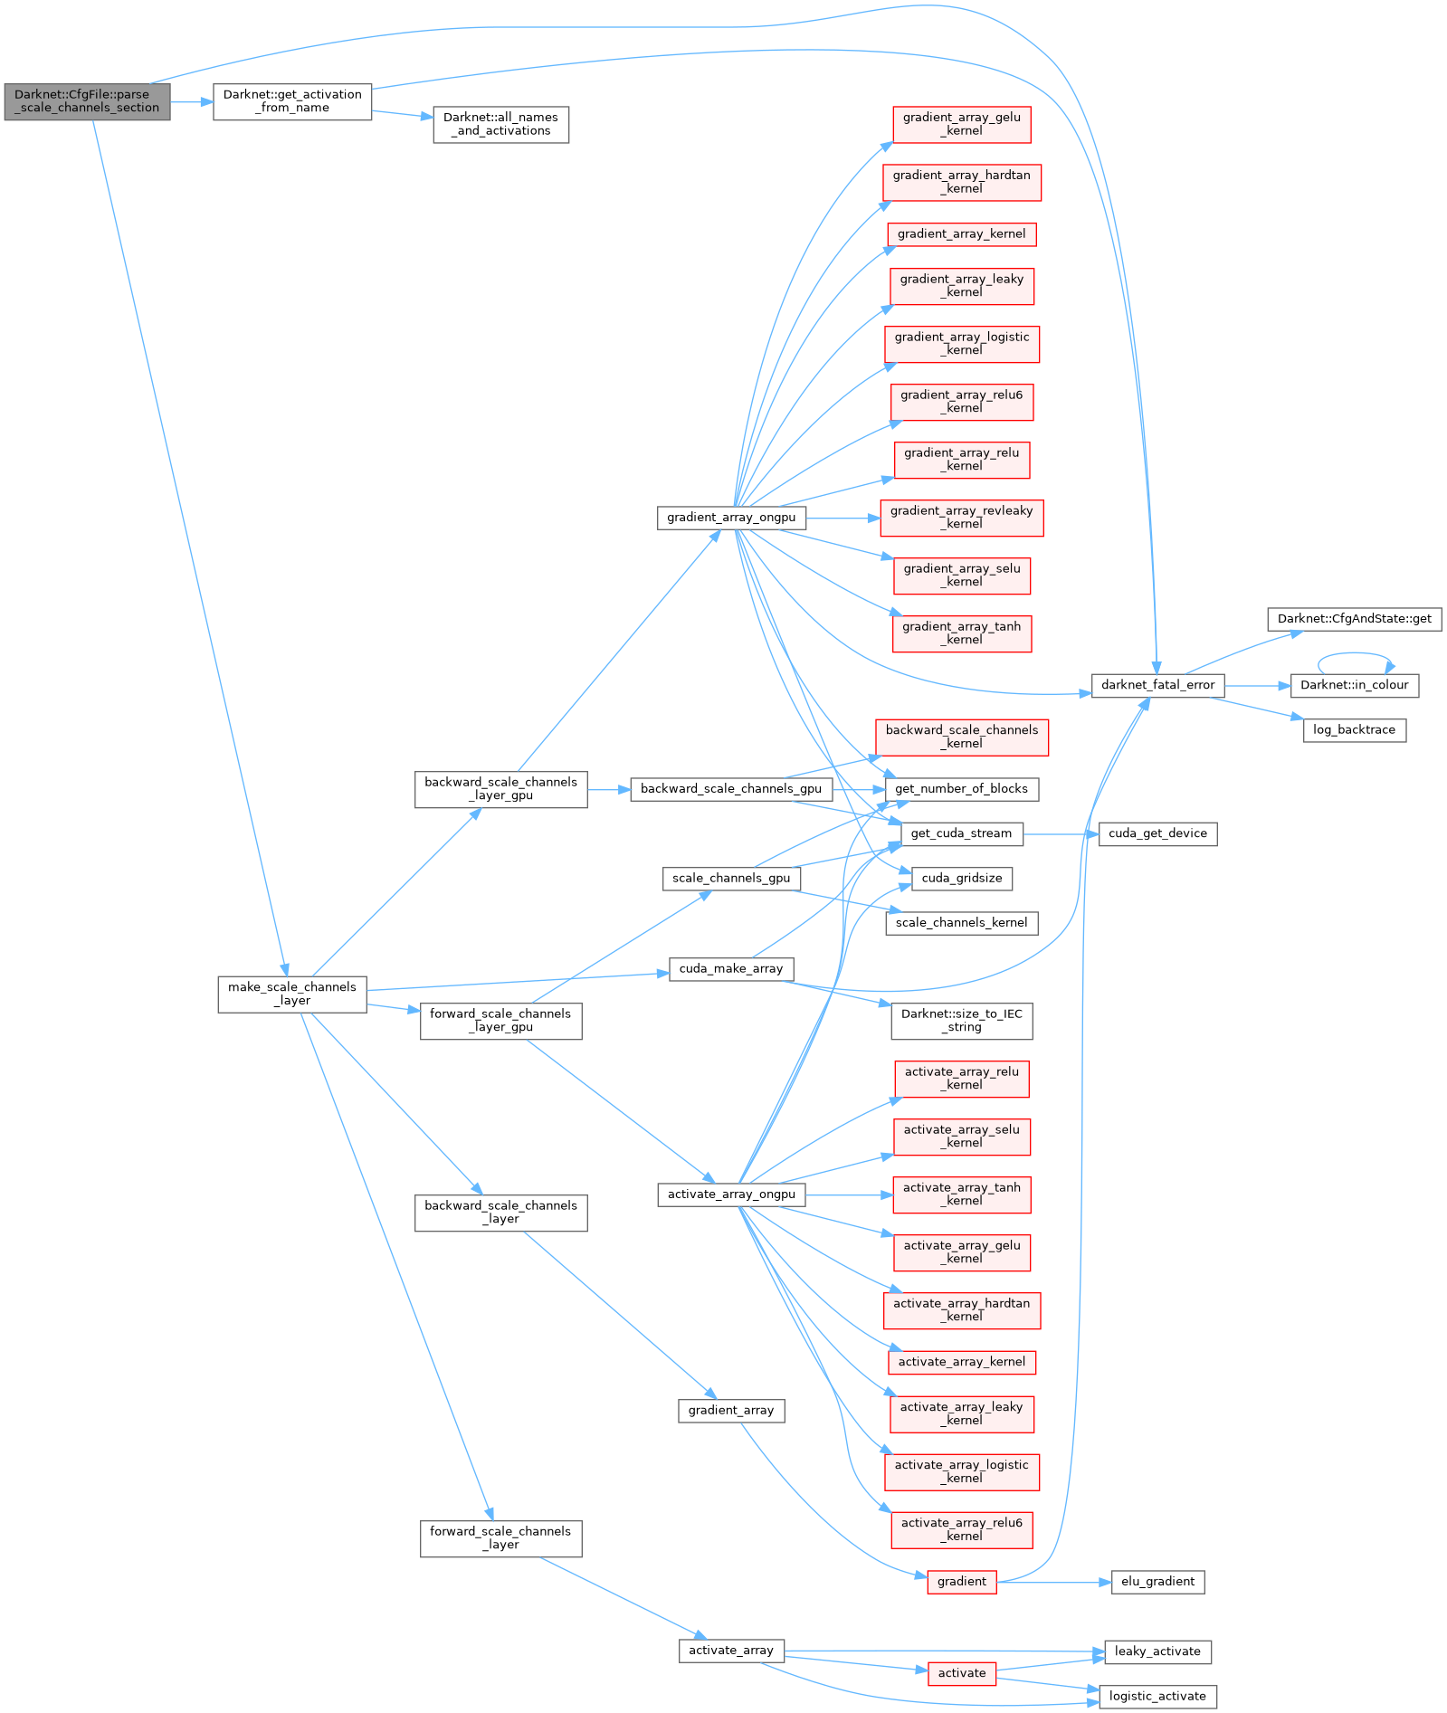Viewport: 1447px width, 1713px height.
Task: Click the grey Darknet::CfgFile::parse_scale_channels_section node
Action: coord(87,101)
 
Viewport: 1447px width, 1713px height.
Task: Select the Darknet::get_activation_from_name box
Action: coord(292,101)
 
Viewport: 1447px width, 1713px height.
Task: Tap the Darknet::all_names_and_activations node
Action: coord(500,124)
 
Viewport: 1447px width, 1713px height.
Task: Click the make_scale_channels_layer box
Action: coord(292,994)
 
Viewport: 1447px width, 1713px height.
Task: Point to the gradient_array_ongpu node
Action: coord(731,518)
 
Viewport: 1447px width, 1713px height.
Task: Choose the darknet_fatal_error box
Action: coord(1157,685)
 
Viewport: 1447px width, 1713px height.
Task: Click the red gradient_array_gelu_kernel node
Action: coord(961,124)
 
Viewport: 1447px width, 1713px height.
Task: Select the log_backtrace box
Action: coord(1354,730)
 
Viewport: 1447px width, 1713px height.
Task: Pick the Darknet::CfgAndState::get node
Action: coord(1354,619)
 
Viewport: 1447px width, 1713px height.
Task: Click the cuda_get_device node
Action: coord(1157,833)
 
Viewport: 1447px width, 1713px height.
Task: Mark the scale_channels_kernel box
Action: coord(961,923)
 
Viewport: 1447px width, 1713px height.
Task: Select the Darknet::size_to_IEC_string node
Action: coord(961,1021)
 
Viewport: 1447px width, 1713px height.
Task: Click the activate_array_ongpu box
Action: coord(731,1194)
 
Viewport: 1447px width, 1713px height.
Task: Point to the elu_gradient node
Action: coord(1157,1582)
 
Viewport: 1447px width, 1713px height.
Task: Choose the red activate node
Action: coord(961,1673)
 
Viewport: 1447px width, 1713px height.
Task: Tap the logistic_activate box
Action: coord(1157,1696)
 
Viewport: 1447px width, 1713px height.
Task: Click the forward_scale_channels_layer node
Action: coord(500,1538)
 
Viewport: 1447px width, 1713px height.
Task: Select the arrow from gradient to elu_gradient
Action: coord(1054,1583)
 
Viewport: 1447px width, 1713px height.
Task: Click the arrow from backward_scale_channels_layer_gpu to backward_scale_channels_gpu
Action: coord(609,790)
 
